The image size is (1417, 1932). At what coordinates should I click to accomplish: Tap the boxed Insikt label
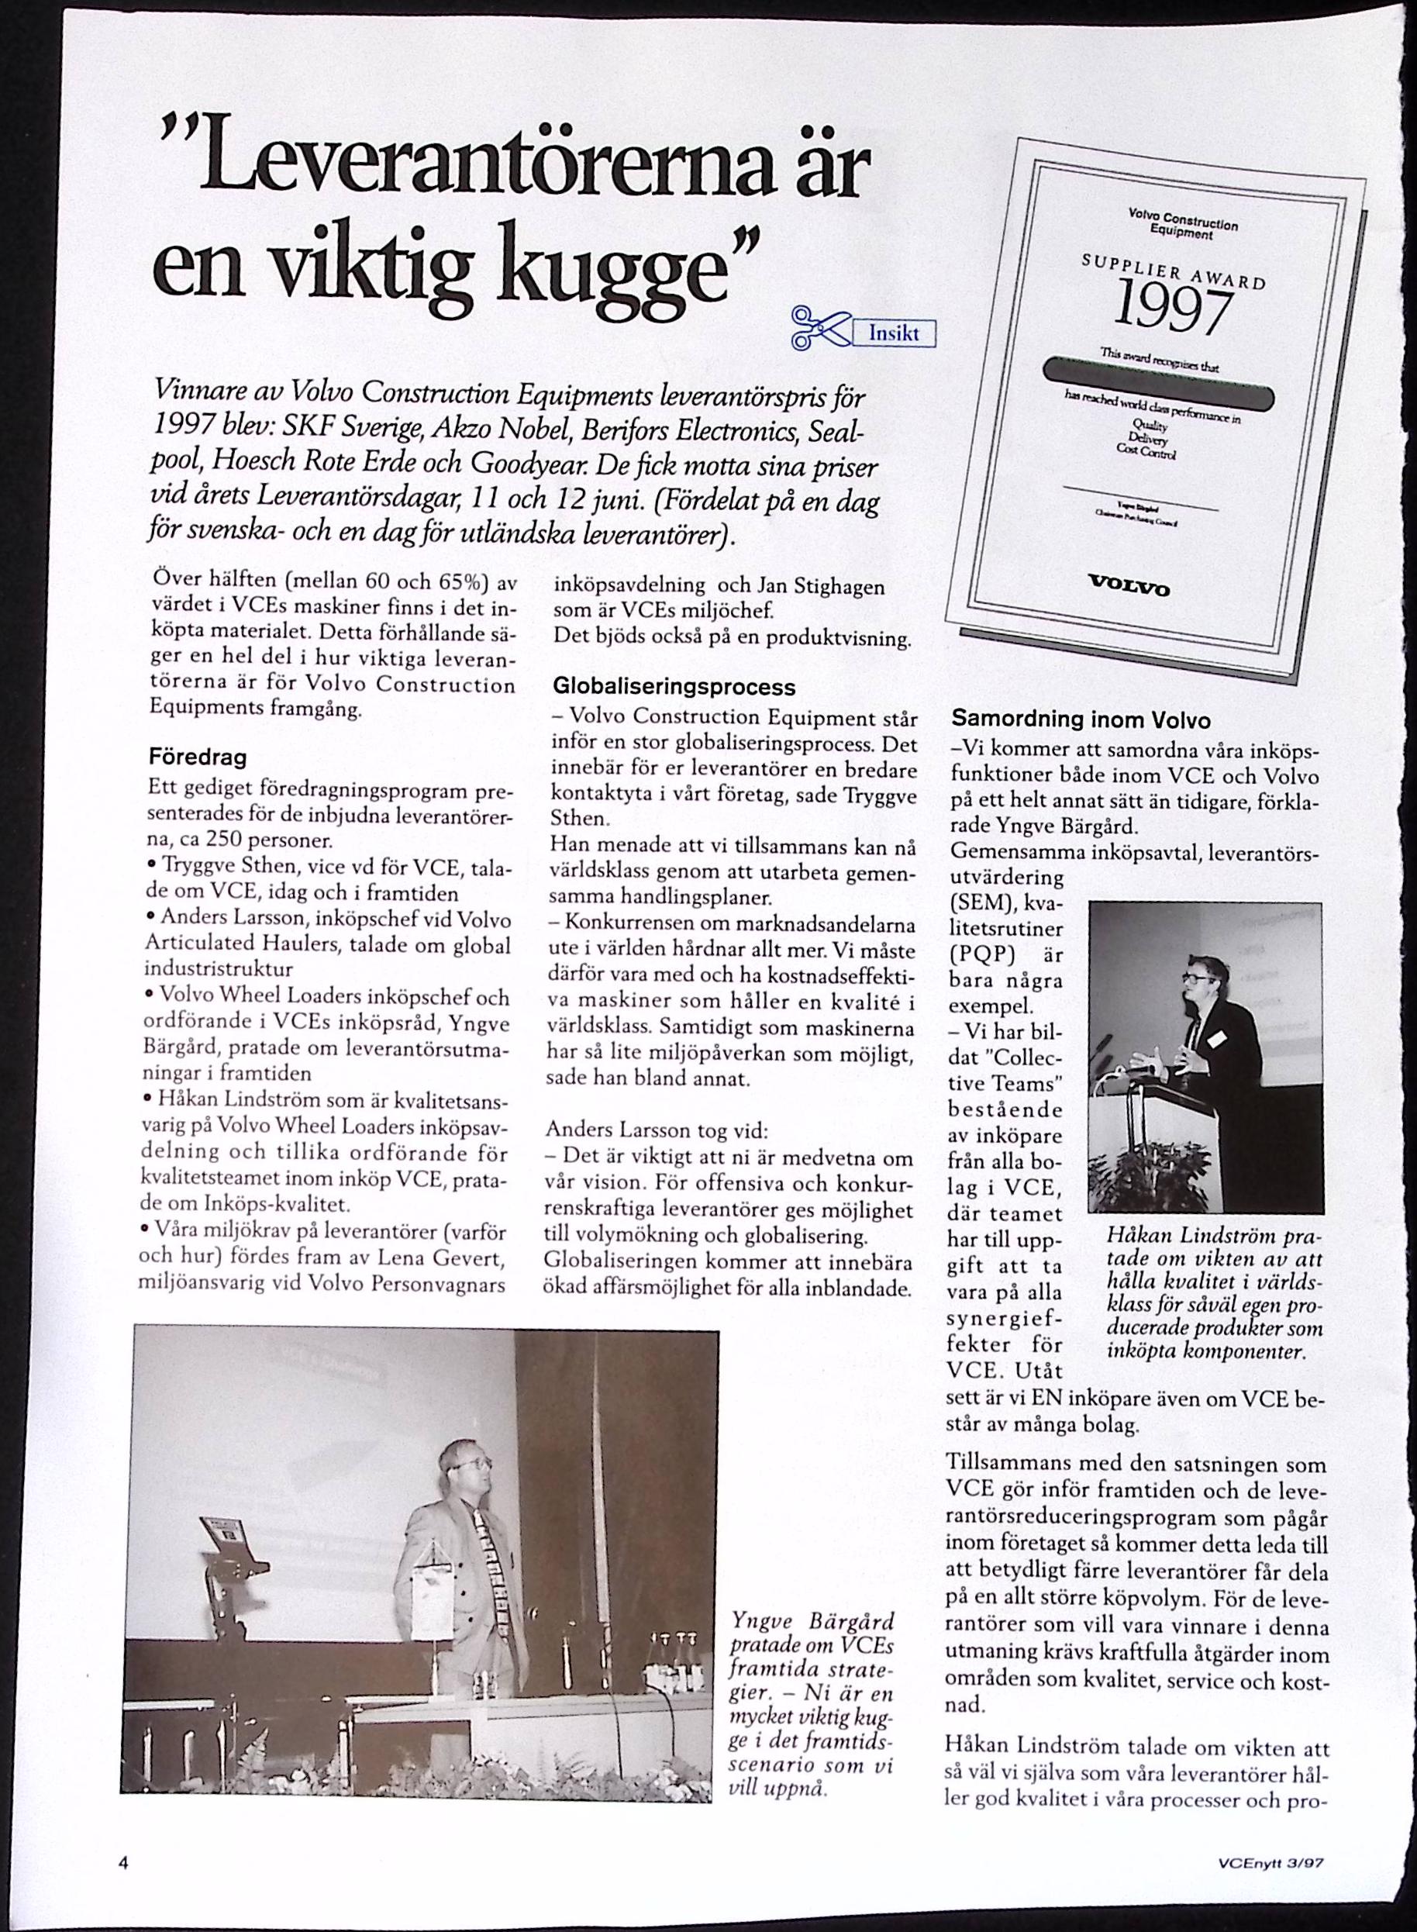[x=894, y=333]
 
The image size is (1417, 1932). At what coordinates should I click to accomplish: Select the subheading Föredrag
[x=198, y=758]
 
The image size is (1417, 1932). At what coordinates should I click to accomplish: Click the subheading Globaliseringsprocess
[x=674, y=687]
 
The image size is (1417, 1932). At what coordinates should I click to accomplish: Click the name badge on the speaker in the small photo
[x=1215, y=1039]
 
